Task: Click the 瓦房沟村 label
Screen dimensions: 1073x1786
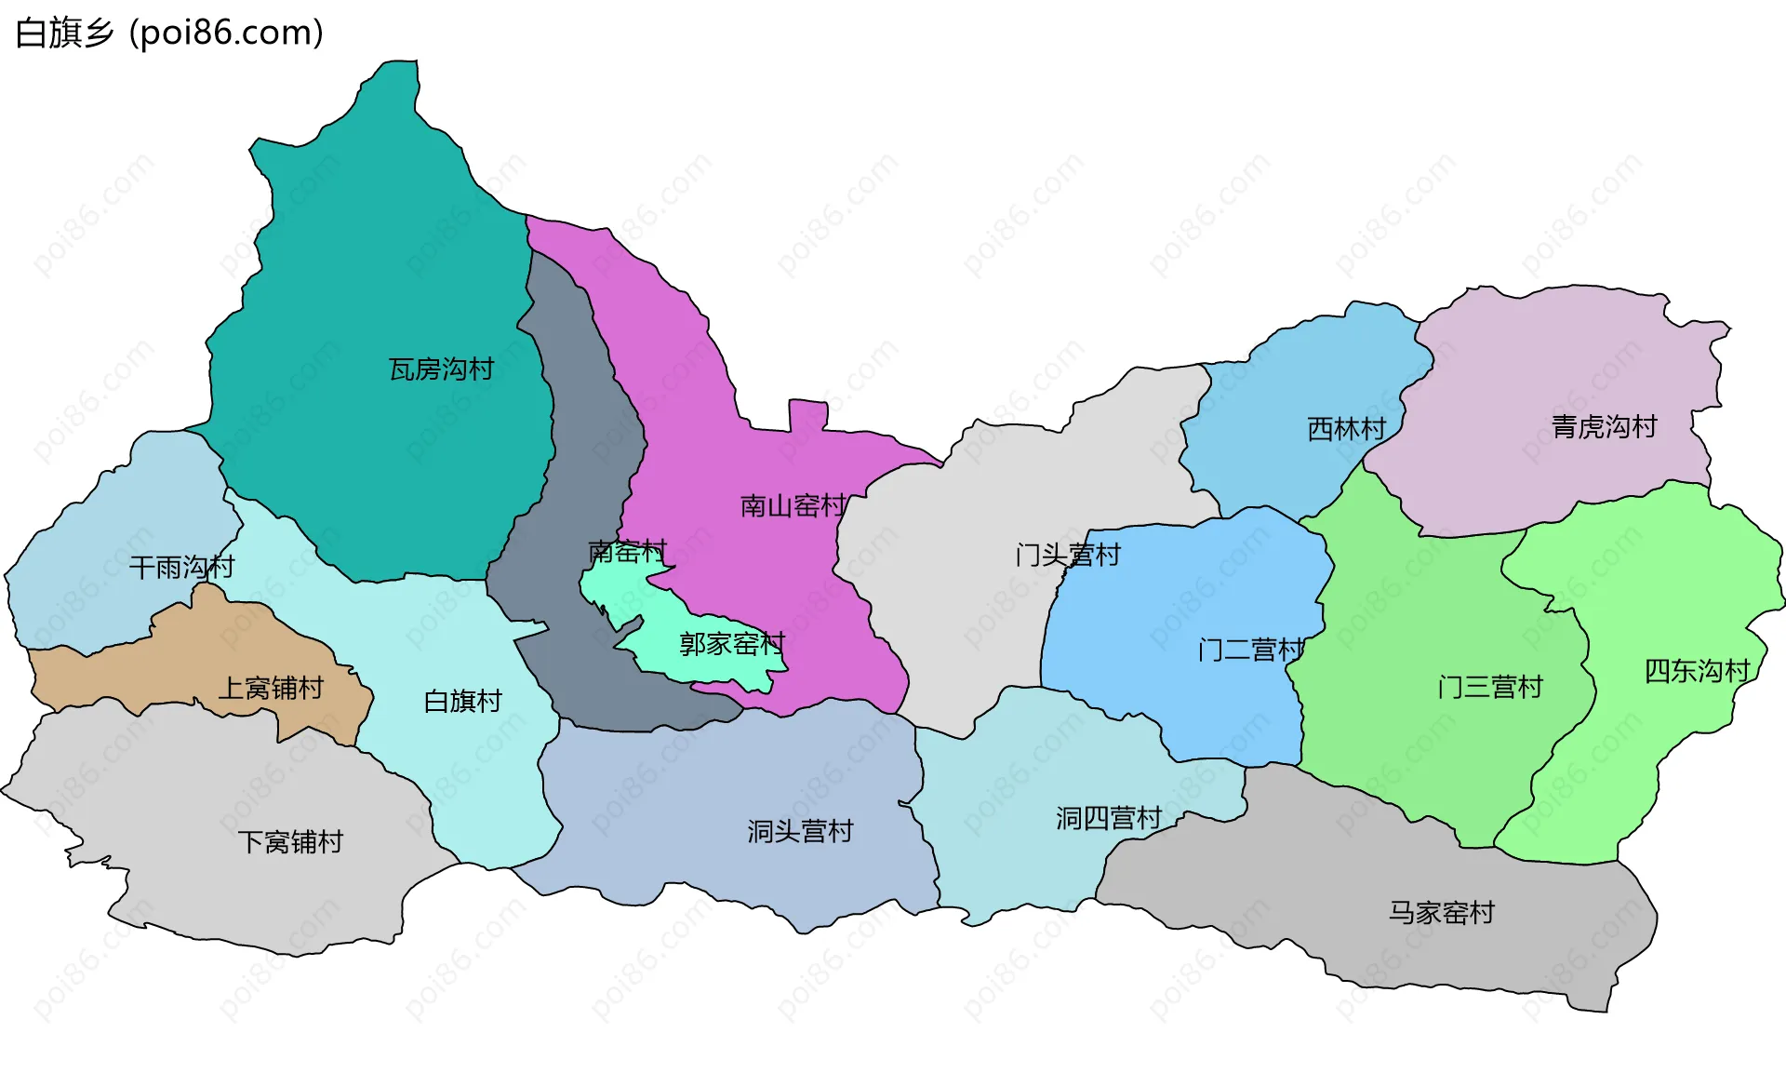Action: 441,369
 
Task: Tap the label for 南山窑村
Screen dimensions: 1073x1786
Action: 793,506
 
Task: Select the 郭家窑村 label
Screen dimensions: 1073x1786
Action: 732,644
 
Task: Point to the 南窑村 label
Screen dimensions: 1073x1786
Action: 628,552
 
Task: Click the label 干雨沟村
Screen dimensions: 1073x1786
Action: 181,567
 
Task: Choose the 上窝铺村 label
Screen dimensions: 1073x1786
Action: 271,689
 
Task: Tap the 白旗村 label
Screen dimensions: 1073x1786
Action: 462,701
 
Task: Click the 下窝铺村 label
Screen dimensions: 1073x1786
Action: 290,842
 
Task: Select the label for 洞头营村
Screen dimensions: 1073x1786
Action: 800,831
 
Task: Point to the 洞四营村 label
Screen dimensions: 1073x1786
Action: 1108,818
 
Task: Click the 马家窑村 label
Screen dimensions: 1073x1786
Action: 1441,913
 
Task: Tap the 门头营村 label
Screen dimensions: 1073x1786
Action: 1068,556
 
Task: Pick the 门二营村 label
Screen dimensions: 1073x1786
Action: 1251,650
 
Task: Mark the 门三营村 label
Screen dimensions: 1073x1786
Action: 1490,688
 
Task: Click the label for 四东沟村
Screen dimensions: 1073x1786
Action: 1698,671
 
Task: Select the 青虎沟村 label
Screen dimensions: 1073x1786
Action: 1604,427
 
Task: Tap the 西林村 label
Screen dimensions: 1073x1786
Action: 1346,429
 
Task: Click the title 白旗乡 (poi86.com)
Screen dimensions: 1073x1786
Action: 170,33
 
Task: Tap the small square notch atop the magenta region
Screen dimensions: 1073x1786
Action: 808,415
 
